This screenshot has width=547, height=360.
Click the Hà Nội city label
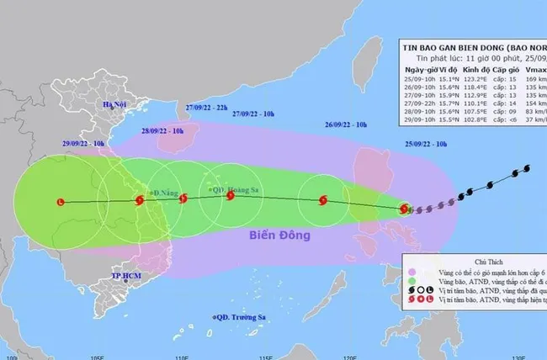114,104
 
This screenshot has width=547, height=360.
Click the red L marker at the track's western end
60,202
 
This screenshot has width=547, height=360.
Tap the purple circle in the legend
412,273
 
